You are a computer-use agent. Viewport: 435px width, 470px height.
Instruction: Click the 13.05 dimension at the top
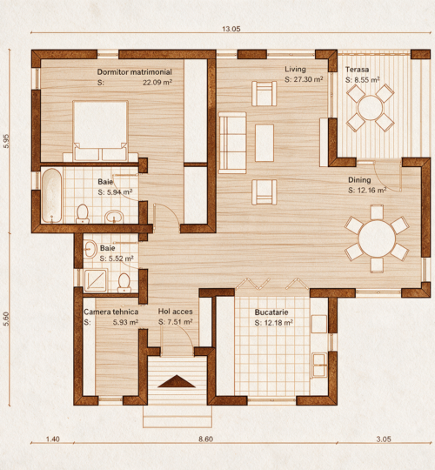(231, 29)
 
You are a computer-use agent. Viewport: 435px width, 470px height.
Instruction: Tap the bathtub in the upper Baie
(52, 196)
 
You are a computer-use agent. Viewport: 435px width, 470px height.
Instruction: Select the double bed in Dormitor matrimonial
(100, 131)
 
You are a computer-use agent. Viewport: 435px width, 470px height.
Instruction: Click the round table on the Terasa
(371, 107)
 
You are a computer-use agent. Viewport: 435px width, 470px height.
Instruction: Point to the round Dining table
(377, 238)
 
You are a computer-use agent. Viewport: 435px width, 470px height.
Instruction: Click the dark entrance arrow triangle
(177, 381)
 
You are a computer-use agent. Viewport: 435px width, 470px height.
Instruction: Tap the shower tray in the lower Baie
(96, 280)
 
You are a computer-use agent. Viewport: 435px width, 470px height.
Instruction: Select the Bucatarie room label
(271, 312)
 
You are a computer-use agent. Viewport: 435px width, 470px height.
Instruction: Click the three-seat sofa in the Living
(232, 143)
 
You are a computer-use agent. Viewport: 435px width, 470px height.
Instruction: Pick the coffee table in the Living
(264, 143)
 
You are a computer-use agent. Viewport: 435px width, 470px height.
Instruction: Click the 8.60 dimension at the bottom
(206, 440)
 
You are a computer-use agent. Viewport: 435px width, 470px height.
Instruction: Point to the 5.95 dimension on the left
(6, 141)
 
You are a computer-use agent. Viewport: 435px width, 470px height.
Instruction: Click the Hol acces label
(175, 312)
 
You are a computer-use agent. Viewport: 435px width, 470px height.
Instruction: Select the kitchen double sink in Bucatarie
(319, 365)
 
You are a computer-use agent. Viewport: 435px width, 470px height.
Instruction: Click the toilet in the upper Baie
(83, 214)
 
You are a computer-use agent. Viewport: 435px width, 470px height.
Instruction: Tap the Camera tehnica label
(110, 312)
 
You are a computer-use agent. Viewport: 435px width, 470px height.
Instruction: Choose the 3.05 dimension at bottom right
(384, 440)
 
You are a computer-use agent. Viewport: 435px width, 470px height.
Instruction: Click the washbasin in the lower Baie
(90, 249)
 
